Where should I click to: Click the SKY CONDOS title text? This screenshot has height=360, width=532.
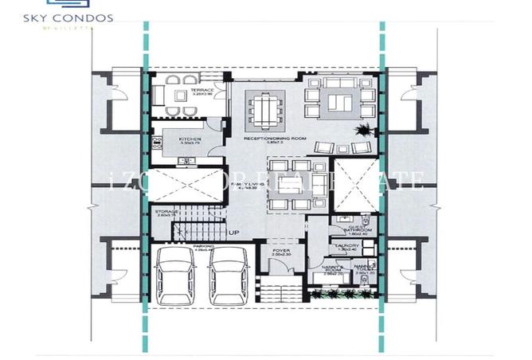(79, 17)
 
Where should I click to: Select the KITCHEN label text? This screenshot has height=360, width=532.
(189, 141)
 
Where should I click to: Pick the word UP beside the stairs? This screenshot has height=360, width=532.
(234, 233)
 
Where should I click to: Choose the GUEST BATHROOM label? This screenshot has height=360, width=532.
(344, 230)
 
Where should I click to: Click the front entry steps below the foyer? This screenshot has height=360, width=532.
(280, 292)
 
